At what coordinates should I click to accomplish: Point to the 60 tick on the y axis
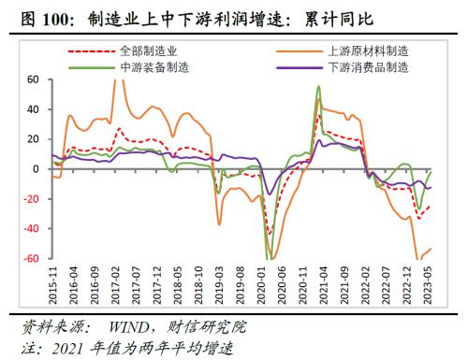pos(32,79)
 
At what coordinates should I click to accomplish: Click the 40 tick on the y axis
pos(32,109)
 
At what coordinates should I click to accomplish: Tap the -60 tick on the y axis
pos(30,259)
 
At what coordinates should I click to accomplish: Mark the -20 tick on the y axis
pos(30,199)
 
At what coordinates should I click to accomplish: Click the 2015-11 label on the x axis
pos(52,285)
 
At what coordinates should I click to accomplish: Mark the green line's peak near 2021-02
pos(319,87)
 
